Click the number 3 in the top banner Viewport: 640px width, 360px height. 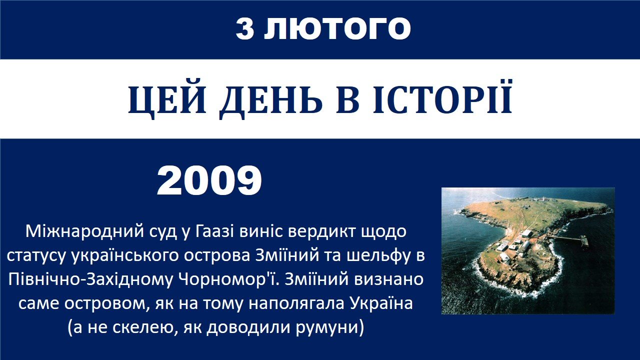point(245,28)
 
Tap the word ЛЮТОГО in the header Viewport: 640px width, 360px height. point(337,28)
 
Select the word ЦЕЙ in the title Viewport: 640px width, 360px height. point(167,100)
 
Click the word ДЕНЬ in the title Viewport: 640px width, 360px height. point(270,100)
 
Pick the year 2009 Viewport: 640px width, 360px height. point(209,181)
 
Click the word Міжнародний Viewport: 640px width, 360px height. point(84,231)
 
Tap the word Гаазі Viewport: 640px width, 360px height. point(214,231)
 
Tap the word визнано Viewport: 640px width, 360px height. point(389,279)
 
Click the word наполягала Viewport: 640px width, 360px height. point(296,303)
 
